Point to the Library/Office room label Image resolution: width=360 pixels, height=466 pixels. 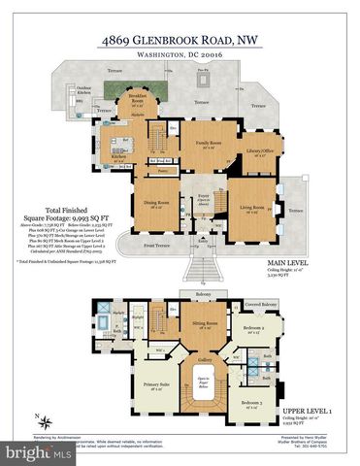coord(258,153)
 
